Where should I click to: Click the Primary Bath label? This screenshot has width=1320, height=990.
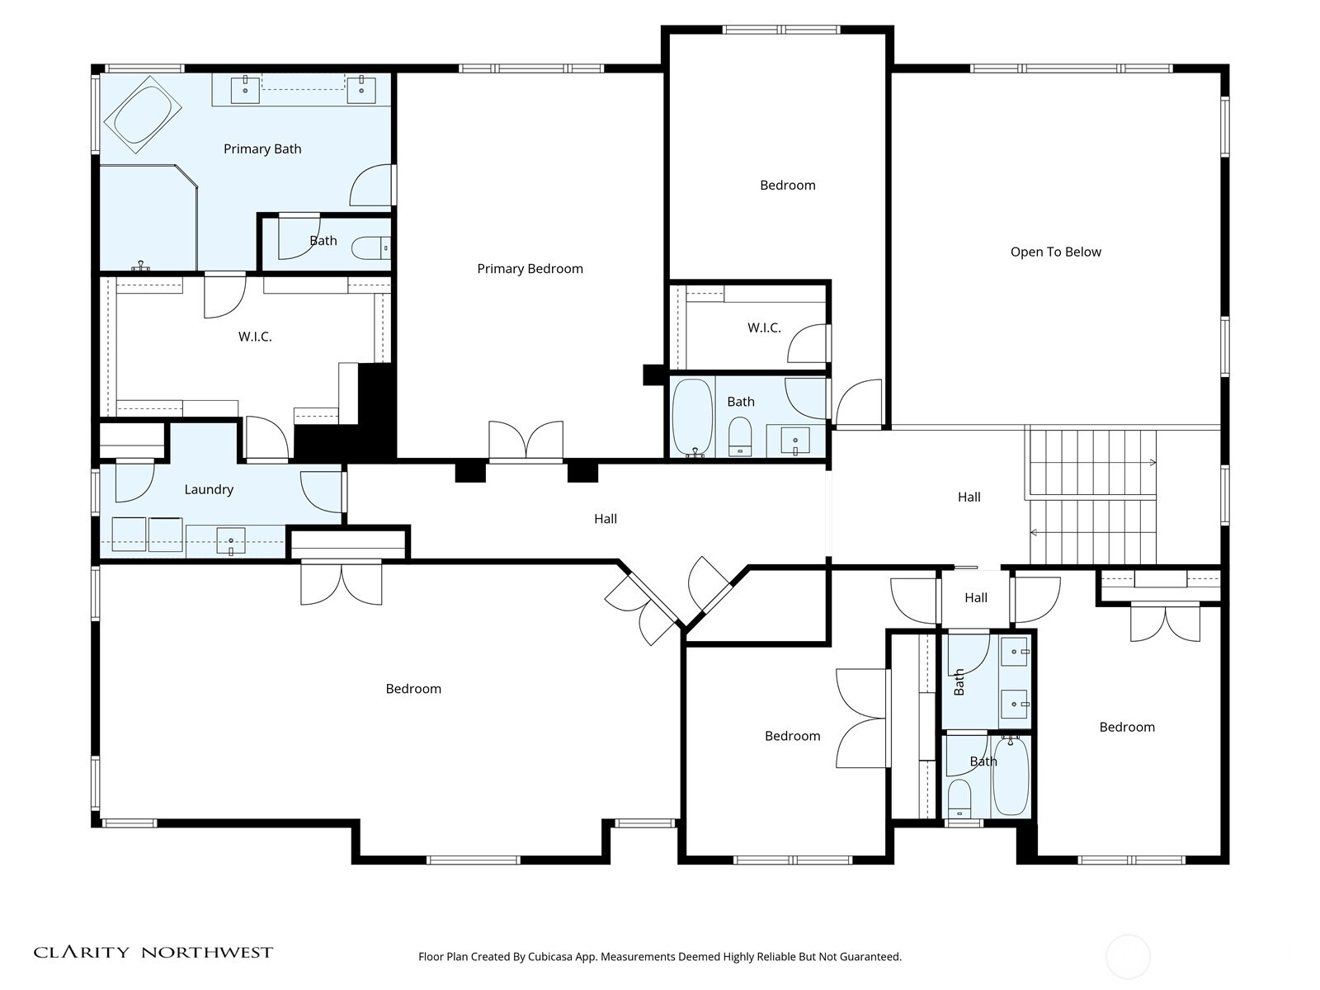(x=262, y=148)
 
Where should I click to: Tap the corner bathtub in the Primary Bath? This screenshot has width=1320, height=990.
(x=144, y=115)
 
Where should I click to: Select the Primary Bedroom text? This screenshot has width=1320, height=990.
(x=530, y=268)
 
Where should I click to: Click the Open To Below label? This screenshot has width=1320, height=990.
(x=1055, y=252)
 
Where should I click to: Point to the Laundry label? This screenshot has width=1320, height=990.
(x=209, y=489)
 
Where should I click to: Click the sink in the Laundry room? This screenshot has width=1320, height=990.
(x=231, y=541)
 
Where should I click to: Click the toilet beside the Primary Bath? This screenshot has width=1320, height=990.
(x=370, y=247)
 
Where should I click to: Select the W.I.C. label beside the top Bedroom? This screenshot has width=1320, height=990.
(x=764, y=328)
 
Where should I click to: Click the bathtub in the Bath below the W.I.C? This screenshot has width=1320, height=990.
(x=691, y=417)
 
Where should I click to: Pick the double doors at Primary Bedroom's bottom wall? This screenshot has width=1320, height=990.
(x=526, y=441)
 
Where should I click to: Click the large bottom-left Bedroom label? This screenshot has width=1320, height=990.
(x=413, y=688)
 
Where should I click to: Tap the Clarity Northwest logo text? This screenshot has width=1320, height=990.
(x=153, y=952)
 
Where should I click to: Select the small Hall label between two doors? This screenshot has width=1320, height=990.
(x=976, y=597)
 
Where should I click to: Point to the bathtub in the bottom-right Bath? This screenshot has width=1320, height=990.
(x=1010, y=776)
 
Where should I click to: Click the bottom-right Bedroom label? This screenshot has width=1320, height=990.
(x=1127, y=727)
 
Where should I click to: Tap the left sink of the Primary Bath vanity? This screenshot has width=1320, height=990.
(x=245, y=89)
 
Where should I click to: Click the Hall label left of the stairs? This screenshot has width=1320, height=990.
(x=969, y=497)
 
